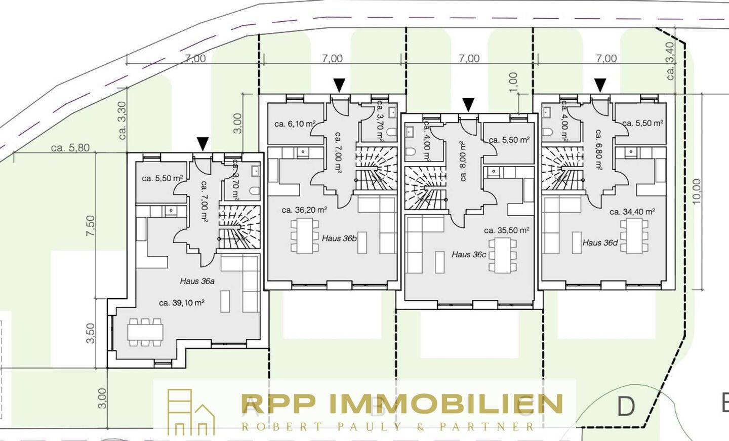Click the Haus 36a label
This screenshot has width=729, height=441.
click(x=197, y=280)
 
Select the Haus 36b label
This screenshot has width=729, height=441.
click(x=339, y=238)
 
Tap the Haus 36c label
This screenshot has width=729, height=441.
click(x=469, y=254)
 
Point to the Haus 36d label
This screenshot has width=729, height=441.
click(x=600, y=243)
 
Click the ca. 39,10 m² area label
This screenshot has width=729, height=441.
click(x=181, y=303)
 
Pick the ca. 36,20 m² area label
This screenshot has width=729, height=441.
click(x=304, y=210)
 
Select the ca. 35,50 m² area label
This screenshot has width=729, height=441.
click(x=506, y=230)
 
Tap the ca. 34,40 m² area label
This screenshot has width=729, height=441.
click(x=632, y=212)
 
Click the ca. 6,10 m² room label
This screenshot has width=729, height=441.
click(x=295, y=124)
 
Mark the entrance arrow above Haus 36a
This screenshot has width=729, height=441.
click(x=202, y=144)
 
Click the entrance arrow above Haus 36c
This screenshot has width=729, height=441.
click(x=468, y=105)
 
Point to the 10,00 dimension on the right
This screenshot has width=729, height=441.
click(x=697, y=191)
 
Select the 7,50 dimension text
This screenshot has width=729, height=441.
click(x=91, y=225)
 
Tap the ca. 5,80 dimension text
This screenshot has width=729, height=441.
click(x=70, y=148)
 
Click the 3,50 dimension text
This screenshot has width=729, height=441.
click(x=91, y=333)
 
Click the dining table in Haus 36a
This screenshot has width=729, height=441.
click(x=145, y=332)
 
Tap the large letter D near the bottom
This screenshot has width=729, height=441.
click(x=626, y=406)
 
